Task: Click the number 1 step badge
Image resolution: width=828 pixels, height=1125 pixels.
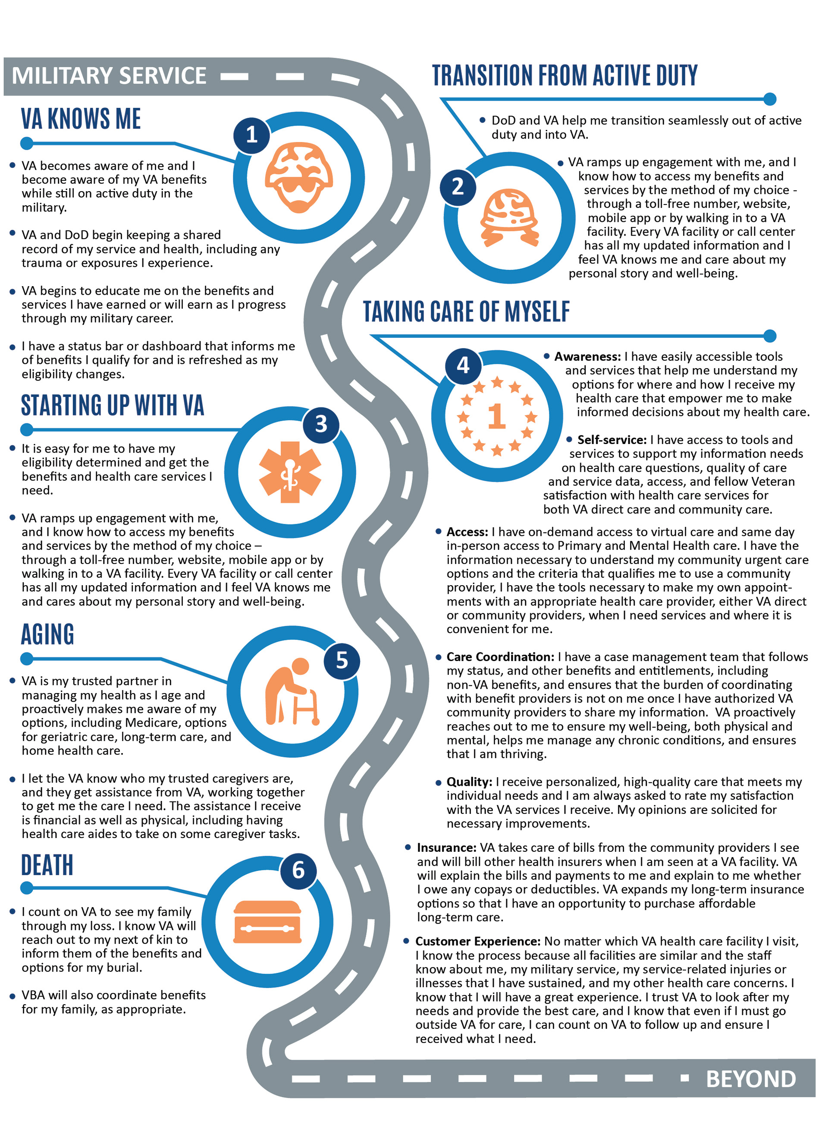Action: point(251,134)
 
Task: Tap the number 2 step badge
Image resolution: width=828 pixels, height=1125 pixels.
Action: point(458,186)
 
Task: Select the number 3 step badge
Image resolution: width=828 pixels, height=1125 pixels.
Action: point(321,424)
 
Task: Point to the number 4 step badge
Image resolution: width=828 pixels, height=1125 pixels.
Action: point(463,365)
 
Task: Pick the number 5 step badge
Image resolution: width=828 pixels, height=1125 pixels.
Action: point(342,660)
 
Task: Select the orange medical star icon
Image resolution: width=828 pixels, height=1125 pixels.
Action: point(290,472)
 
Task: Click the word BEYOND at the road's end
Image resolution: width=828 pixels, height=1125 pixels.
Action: point(750,1079)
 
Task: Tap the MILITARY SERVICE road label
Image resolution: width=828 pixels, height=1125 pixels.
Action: point(109,76)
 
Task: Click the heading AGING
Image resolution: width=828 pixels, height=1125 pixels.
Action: point(47,634)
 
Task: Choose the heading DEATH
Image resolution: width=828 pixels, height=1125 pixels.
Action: point(47,865)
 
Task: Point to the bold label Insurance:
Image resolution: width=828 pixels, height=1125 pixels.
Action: point(446,848)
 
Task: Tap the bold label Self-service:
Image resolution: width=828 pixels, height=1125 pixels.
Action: point(612,440)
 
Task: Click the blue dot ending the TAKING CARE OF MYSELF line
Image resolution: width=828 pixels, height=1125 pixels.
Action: point(769,336)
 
